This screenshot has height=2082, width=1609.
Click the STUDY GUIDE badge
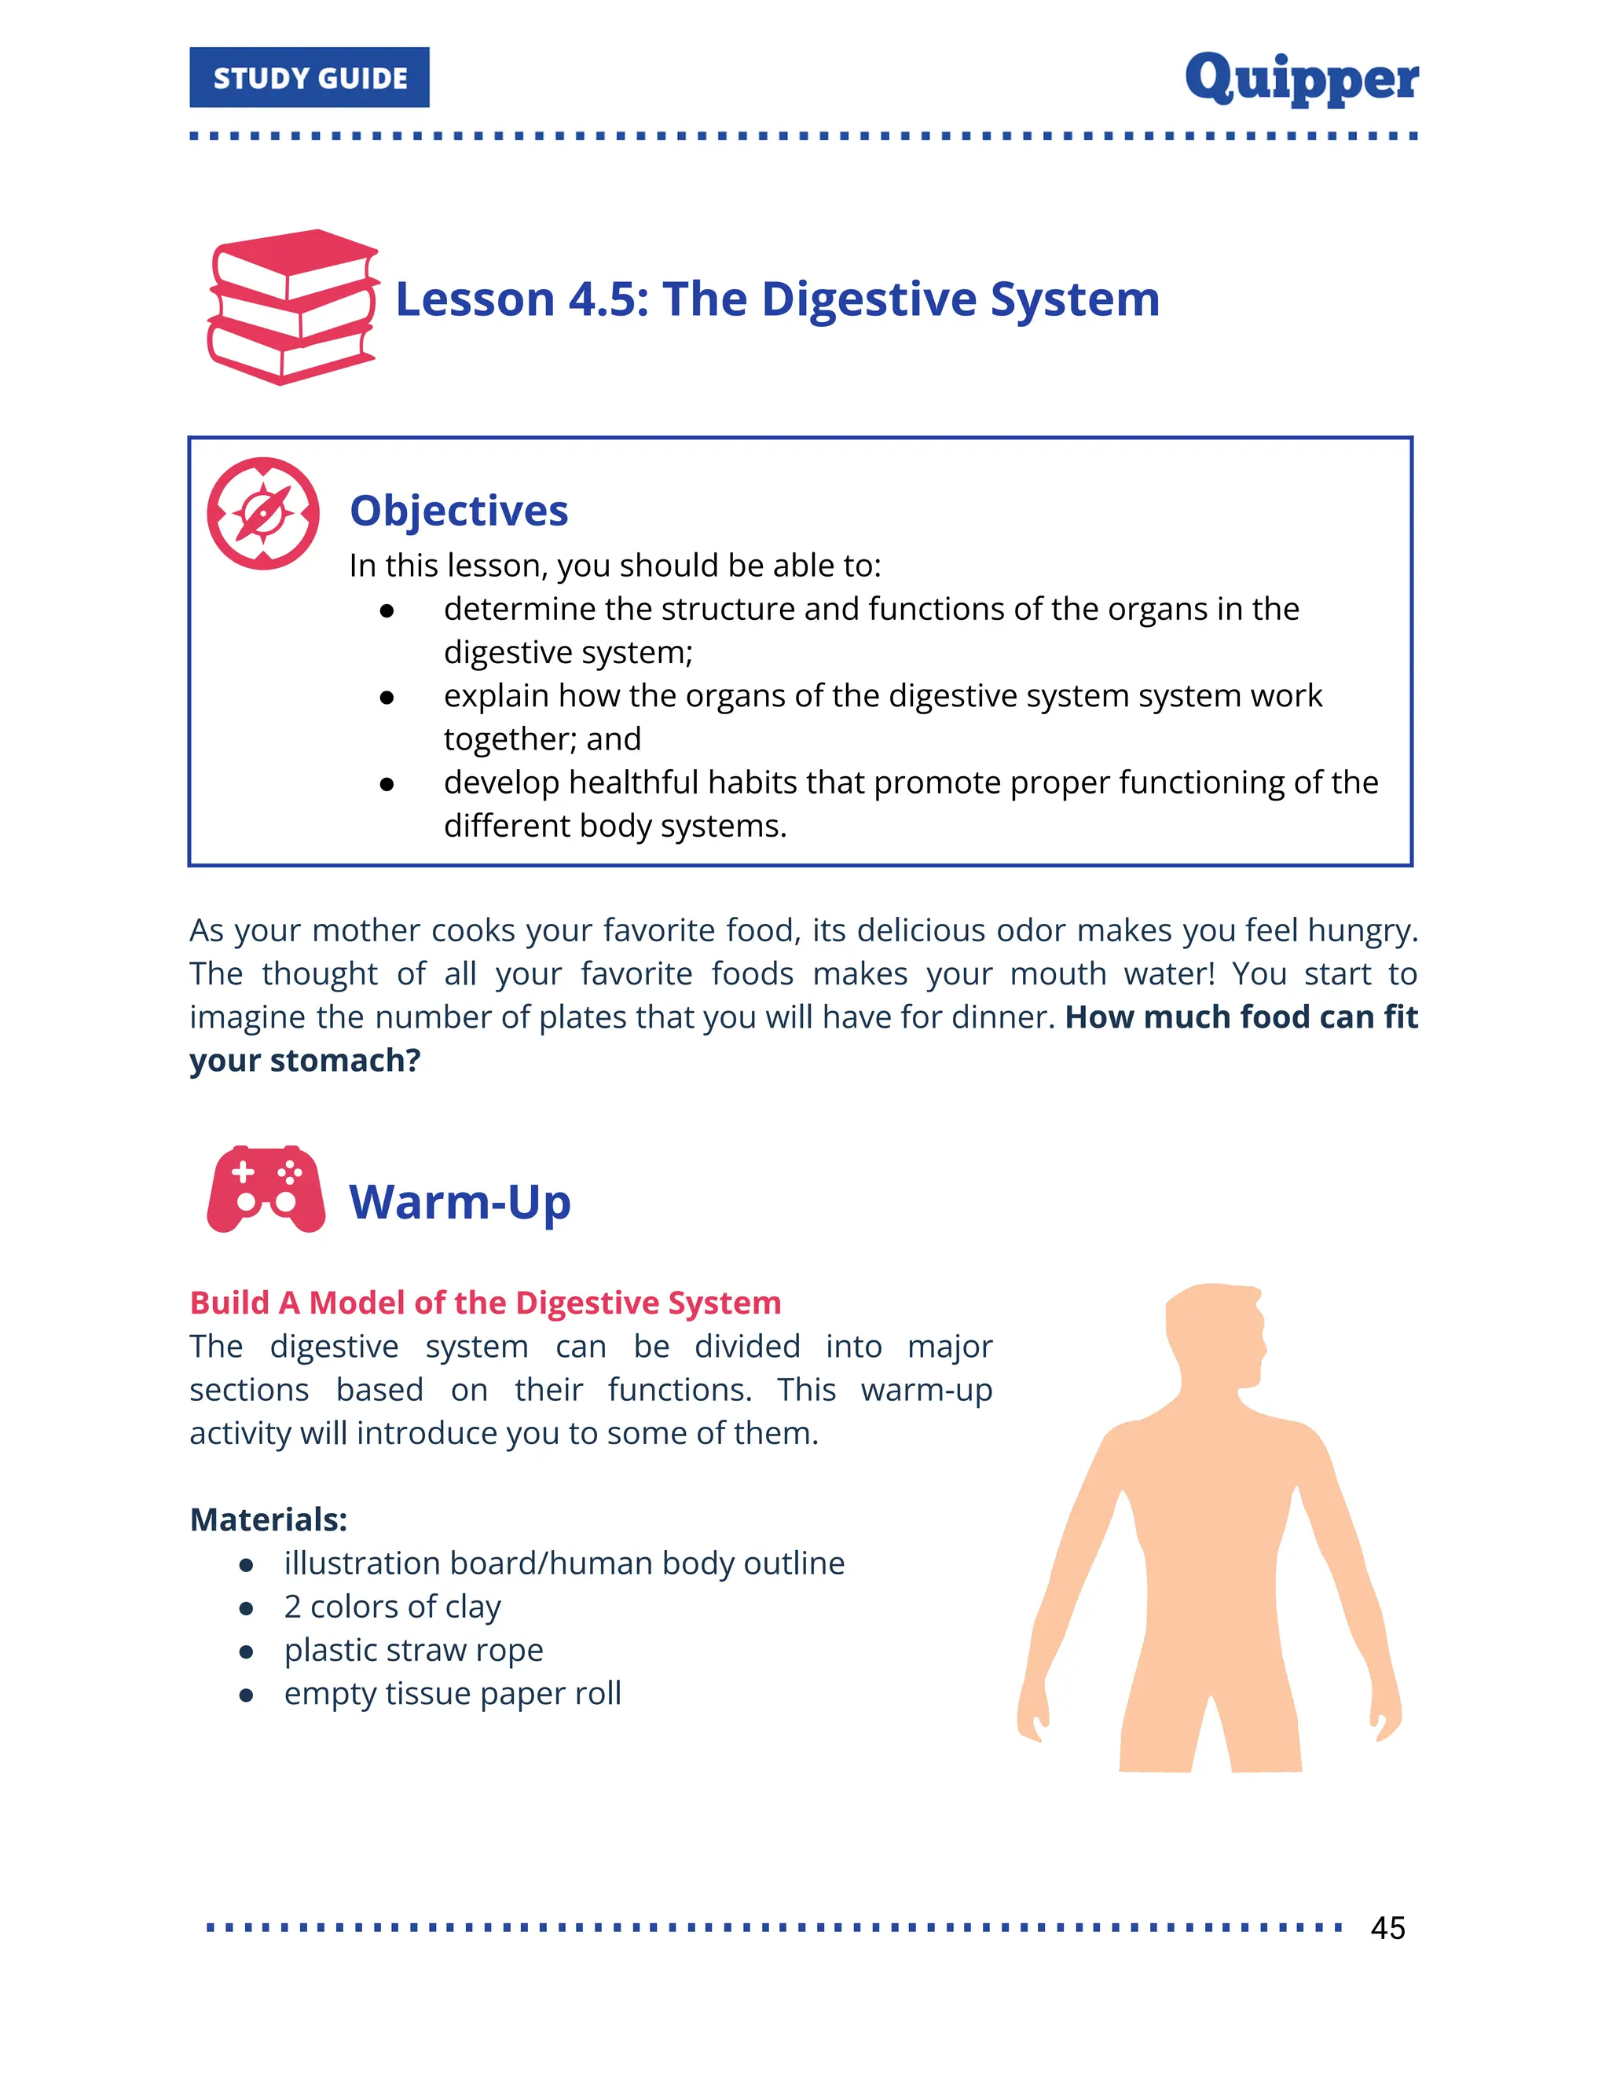click(x=309, y=77)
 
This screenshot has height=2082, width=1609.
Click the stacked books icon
click(x=292, y=307)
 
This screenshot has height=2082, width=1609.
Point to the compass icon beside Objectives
click(x=263, y=514)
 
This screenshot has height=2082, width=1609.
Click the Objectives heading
click(x=459, y=511)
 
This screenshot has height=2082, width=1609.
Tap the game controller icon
click(x=266, y=1189)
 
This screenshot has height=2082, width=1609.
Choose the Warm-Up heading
click(x=460, y=1202)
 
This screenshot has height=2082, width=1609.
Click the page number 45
click(x=1387, y=1927)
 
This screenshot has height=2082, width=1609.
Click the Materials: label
click(x=269, y=1519)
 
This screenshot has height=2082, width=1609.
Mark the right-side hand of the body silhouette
click(x=1386, y=1716)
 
